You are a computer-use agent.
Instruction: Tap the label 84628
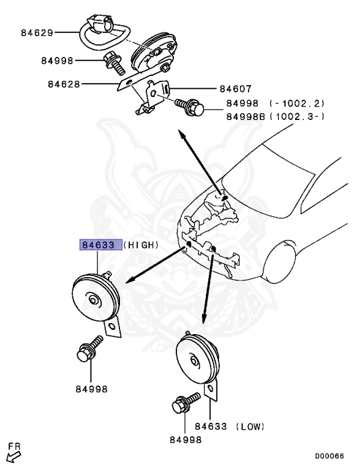click(x=64, y=84)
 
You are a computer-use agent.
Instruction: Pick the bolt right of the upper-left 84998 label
click(x=112, y=61)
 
